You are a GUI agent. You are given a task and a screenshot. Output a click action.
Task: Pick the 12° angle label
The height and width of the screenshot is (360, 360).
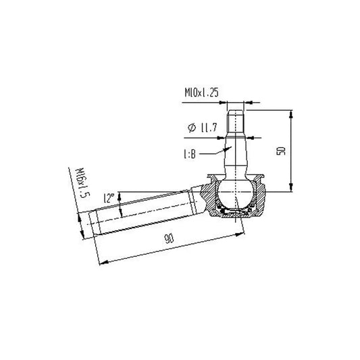point(108,198)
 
